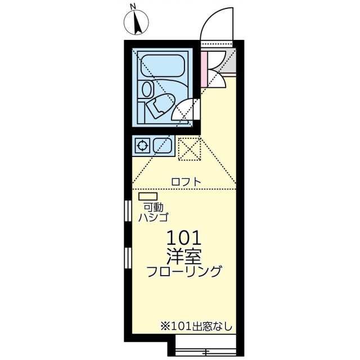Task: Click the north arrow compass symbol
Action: [136, 23]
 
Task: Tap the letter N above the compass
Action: [133, 7]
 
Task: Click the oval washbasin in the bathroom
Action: [147, 89]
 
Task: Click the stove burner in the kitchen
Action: [143, 146]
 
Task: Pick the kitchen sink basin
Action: [163, 146]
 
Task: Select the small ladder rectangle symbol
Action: [145, 196]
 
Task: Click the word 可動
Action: [153, 207]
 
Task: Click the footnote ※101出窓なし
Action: [196, 326]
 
